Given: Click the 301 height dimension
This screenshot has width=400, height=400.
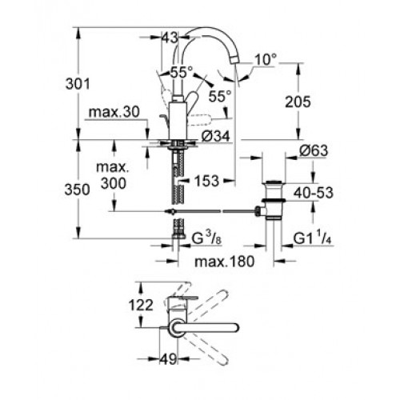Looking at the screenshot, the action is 78,84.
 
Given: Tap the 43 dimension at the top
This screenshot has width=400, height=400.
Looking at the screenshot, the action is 170,38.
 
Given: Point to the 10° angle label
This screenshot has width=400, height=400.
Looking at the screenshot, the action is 266,59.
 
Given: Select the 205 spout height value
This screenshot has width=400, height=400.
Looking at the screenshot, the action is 298,102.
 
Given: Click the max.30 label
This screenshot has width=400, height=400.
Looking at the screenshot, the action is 114,112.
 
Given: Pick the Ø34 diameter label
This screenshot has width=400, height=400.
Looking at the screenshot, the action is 215,137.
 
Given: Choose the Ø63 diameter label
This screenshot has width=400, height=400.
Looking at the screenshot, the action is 314,150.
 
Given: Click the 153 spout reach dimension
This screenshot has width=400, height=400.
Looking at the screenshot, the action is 206,181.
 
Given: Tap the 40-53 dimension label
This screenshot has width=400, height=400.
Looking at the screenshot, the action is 314,193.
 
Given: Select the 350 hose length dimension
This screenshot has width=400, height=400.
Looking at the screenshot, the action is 77,190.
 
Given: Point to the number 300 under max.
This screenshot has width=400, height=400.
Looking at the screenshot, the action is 114,183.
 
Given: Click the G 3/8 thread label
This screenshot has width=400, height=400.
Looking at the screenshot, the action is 206,238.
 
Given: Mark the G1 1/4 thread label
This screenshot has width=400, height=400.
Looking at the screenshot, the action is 312,238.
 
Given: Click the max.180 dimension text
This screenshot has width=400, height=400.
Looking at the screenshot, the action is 225,262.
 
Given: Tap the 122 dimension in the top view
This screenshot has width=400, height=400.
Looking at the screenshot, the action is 141,305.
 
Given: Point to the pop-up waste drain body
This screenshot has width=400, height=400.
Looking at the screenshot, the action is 274,200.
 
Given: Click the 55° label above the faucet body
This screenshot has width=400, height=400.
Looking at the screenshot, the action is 182,72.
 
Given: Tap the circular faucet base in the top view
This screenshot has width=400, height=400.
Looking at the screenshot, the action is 176,327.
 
